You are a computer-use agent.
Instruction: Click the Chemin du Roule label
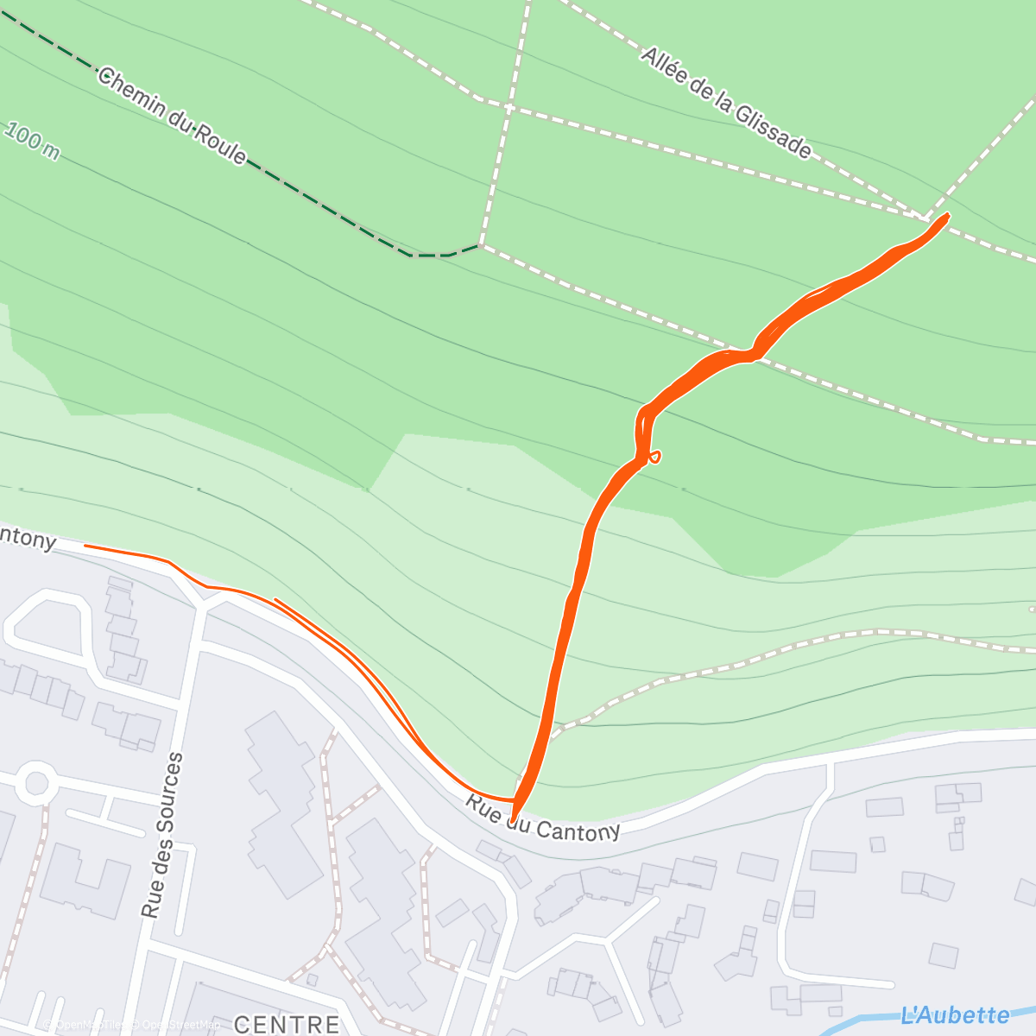pos(173,117)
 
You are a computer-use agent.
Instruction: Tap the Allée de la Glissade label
pos(725,103)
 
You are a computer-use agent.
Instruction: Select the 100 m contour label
pos(32,141)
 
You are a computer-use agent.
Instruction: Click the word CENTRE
pos(287,1024)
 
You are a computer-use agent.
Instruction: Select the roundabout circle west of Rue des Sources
pos(36,784)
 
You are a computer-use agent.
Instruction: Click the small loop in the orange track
pos(655,456)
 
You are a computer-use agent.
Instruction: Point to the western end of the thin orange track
pos(85,546)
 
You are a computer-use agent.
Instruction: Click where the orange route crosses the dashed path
pos(753,354)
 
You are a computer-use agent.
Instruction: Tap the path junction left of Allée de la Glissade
pos(509,108)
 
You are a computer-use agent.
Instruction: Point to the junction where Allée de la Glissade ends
pos(924,216)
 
